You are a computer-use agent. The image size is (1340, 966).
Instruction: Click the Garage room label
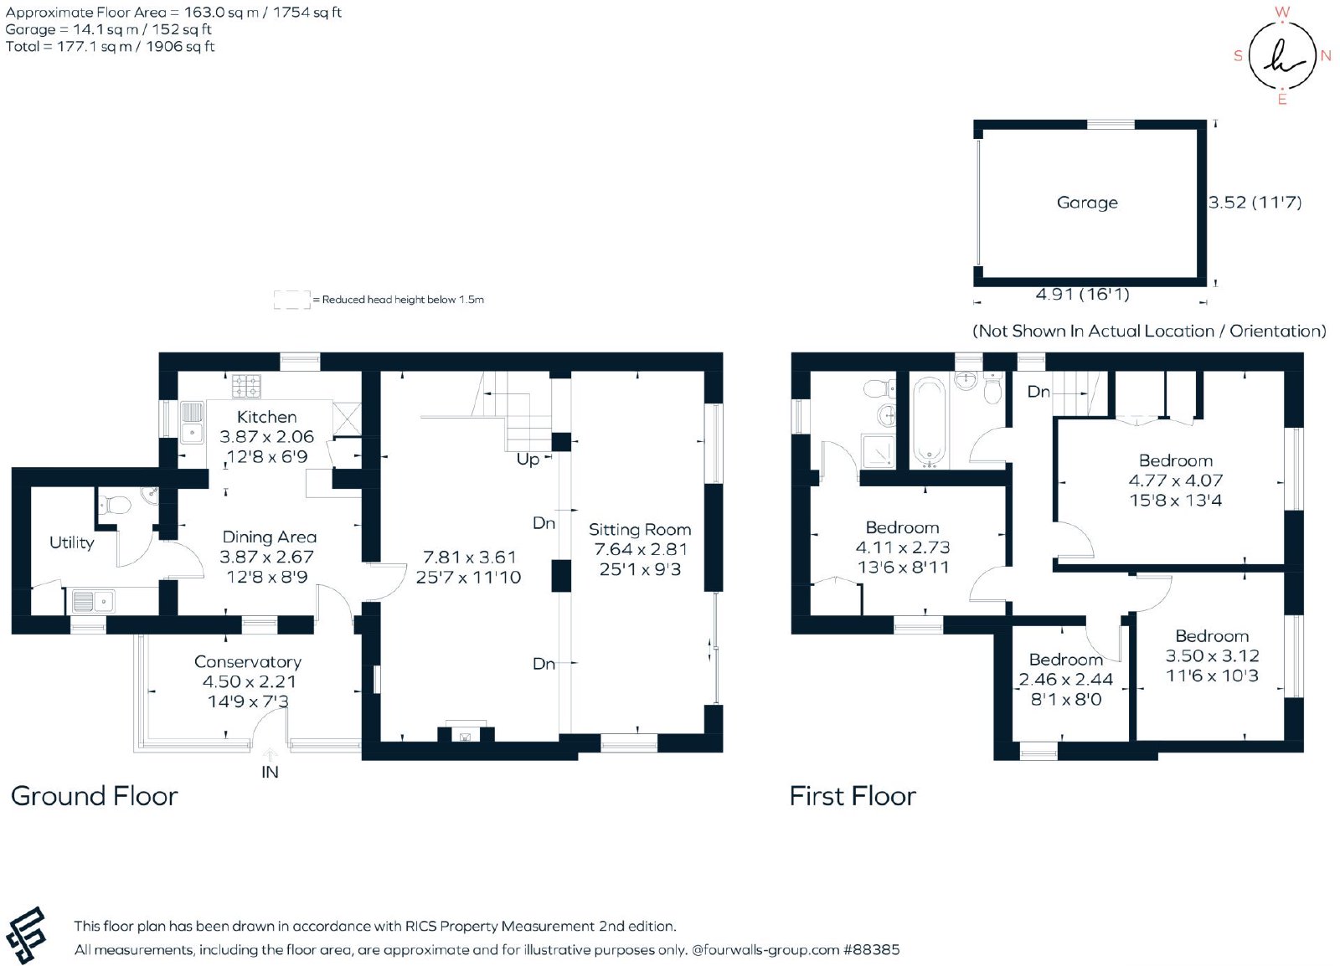click(1087, 203)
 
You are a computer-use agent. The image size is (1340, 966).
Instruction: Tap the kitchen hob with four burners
click(246, 386)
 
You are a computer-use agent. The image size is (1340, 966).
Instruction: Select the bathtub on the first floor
click(928, 424)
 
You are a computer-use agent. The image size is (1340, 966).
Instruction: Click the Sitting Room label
click(640, 529)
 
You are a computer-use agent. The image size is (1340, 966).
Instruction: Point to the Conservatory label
click(248, 662)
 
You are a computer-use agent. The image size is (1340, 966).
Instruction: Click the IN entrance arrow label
click(270, 772)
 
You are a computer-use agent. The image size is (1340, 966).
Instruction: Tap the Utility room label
click(72, 542)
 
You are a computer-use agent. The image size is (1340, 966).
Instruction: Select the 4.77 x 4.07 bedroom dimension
click(1176, 480)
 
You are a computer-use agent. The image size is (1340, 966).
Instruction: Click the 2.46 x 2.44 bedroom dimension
click(1065, 679)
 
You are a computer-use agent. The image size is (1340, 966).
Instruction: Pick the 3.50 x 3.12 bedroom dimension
click(1212, 655)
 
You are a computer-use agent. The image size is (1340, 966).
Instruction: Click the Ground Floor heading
click(95, 796)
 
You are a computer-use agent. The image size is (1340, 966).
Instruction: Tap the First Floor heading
click(853, 796)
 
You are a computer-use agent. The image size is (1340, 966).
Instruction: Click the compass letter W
click(1281, 12)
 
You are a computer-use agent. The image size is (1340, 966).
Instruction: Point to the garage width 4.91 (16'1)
click(1082, 294)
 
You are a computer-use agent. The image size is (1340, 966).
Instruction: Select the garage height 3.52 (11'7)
click(1255, 202)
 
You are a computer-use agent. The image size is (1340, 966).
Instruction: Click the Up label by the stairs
click(528, 460)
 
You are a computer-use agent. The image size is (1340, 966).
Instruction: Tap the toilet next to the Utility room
click(114, 506)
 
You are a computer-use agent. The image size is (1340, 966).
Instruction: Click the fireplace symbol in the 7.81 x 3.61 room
click(466, 735)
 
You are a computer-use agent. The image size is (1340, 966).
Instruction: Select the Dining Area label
click(269, 537)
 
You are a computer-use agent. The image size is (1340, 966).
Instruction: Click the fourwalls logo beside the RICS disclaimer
click(26, 936)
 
